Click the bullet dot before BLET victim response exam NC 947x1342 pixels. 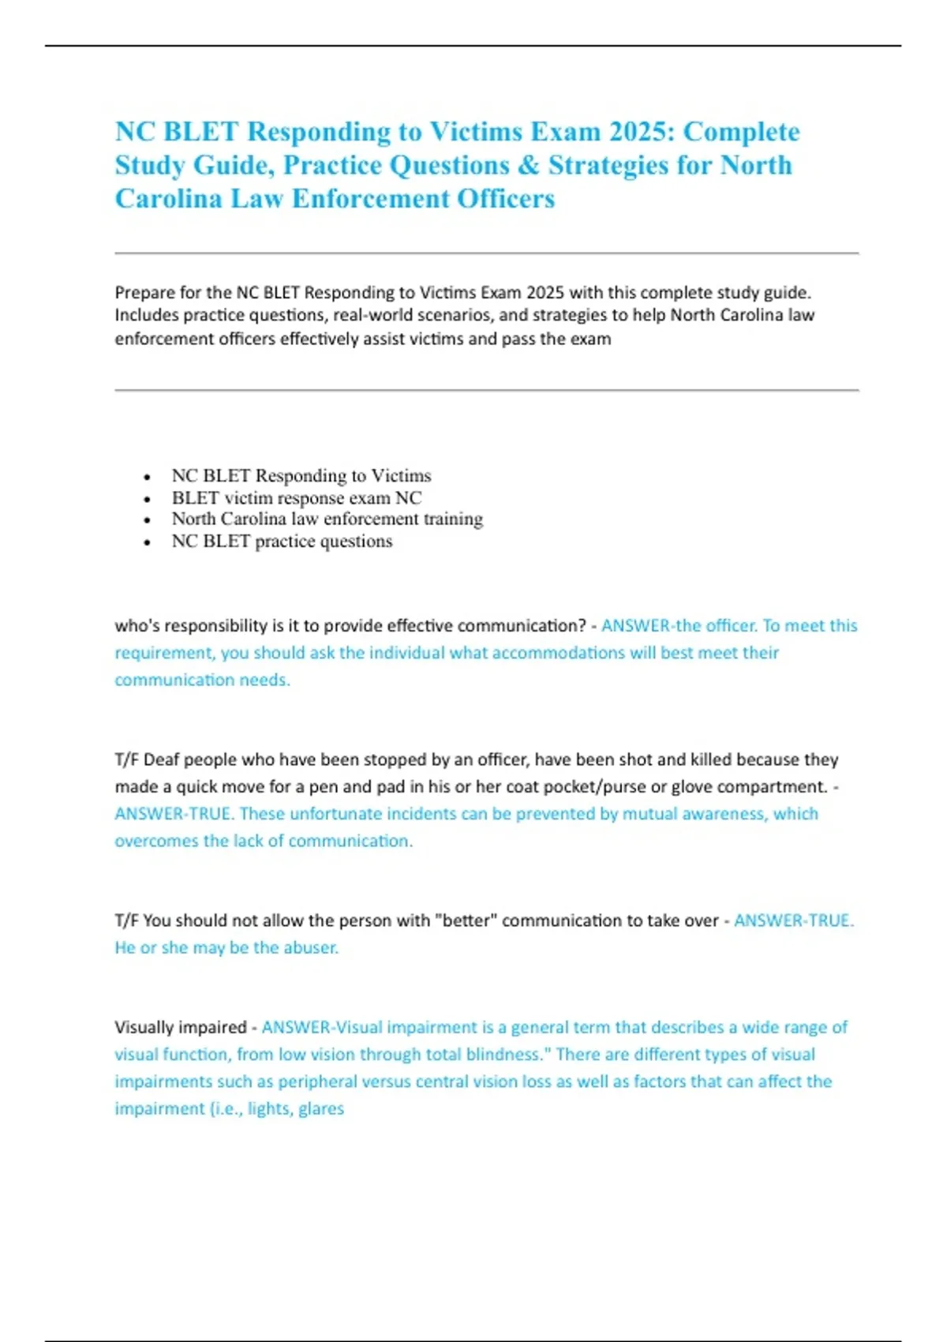tap(148, 499)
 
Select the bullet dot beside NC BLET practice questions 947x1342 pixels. tap(148, 542)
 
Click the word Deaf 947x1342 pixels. tap(161, 759)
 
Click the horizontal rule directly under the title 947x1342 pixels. tap(486, 253)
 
